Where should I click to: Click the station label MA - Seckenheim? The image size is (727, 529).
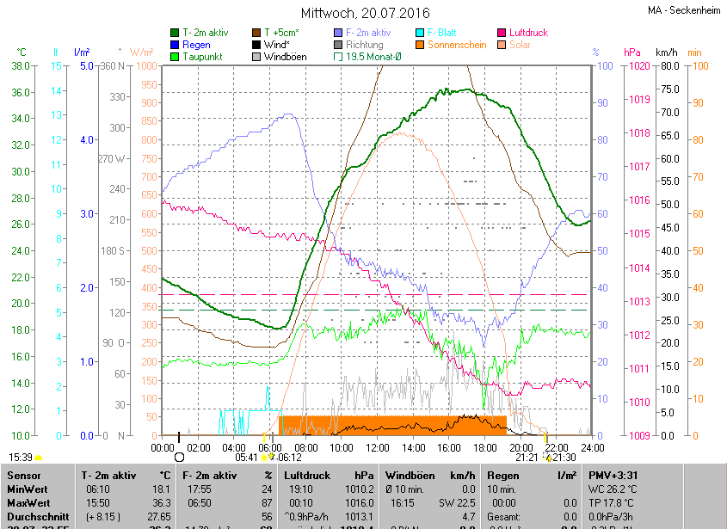tap(684, 10)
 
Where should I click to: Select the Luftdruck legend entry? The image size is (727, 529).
tap(527, 33)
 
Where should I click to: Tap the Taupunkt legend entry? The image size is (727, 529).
tap(202, 57)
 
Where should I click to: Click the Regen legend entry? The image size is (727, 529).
tap(196, 45)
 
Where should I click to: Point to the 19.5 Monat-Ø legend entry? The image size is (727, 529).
tap(373, 57)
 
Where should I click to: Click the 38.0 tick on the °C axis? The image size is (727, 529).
tap(22, 66)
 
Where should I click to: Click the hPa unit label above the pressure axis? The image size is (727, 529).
tap(632, 52)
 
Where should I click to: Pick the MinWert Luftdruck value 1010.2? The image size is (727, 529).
tap(356, 489)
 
